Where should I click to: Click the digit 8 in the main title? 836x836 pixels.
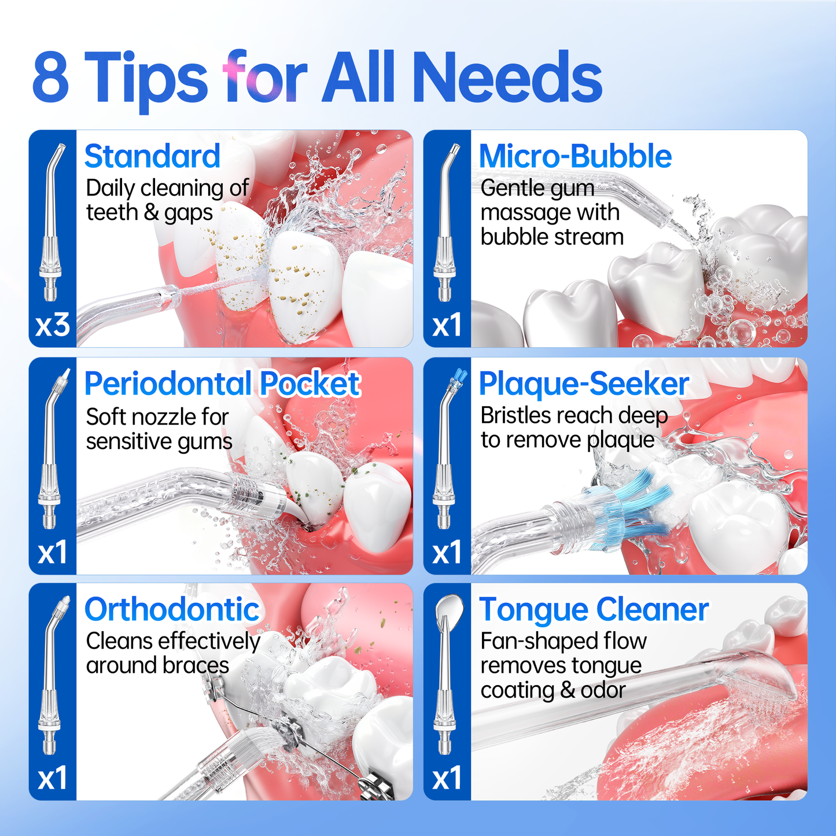(x=51, y=77)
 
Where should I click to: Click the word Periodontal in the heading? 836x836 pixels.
(x=168, y=384)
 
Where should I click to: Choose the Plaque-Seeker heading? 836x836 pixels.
(x=584, y=384)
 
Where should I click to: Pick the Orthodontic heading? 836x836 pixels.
(x=172, y=610)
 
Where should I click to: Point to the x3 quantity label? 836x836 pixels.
(x=53, y=325)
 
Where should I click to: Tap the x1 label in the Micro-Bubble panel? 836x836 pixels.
(x=447, y=325)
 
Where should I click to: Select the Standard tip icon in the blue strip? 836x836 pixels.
(x=51, y=222)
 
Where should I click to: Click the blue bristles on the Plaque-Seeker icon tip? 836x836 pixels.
(x=460, y=377)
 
